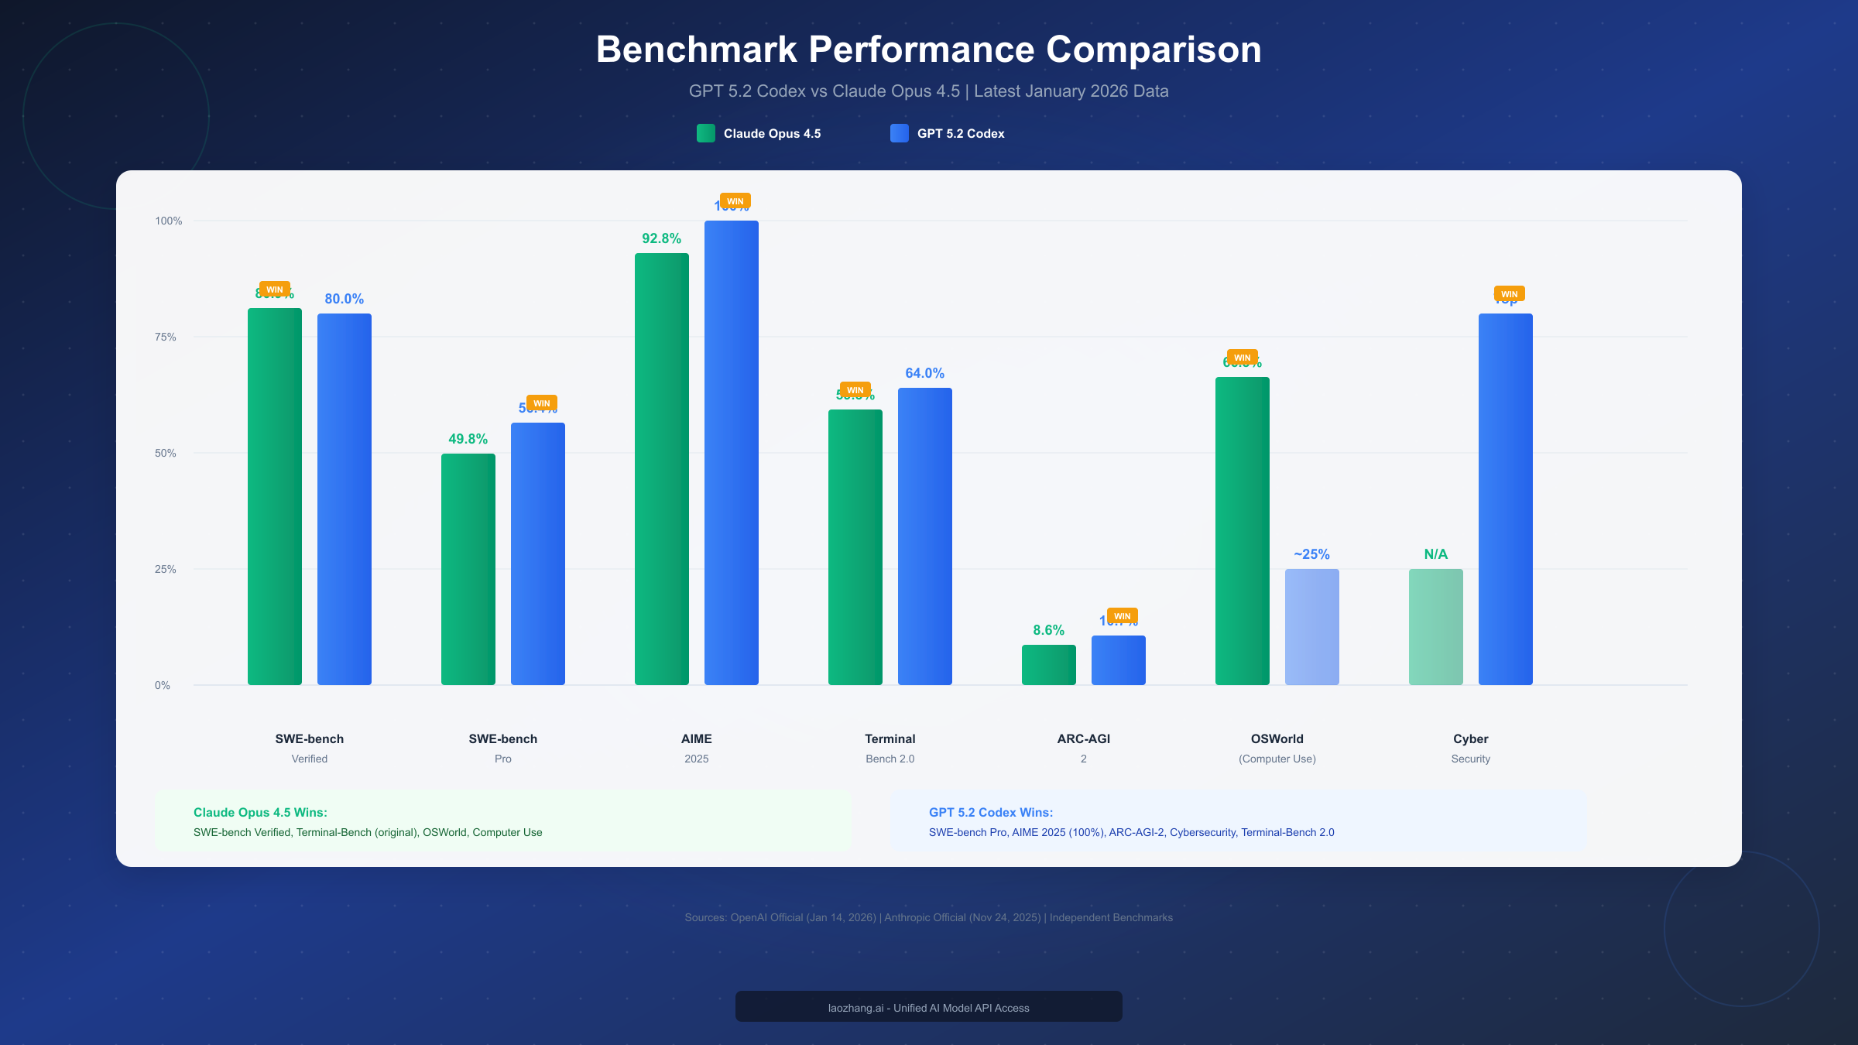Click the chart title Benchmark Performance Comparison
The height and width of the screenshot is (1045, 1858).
928,50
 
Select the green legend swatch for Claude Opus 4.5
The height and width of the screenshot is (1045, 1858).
705,133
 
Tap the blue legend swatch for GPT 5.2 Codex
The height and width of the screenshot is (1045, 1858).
899,133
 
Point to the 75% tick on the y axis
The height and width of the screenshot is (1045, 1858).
165,337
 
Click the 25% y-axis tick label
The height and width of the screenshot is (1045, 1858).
165,569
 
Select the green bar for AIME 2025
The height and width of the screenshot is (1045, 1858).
661,468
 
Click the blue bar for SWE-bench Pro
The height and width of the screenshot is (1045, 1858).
537,553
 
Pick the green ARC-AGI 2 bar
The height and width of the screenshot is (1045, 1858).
1048,665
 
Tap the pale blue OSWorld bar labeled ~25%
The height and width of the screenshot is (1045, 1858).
1311,627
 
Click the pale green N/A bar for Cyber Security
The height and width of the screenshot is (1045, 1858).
1435,627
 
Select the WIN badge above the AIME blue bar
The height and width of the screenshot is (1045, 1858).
735,201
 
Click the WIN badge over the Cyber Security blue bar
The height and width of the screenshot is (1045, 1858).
1509,294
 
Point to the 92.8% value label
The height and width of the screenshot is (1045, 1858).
661,238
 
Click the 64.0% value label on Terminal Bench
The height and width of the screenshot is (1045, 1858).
924,373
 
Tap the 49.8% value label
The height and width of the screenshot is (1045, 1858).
468,439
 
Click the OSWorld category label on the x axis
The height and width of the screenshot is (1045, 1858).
1277,739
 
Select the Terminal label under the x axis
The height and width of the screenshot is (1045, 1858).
890,739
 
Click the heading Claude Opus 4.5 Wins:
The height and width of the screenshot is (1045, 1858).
260,812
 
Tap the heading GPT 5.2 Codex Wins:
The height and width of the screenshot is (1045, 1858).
990,812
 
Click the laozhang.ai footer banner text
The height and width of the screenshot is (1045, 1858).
928,1008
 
